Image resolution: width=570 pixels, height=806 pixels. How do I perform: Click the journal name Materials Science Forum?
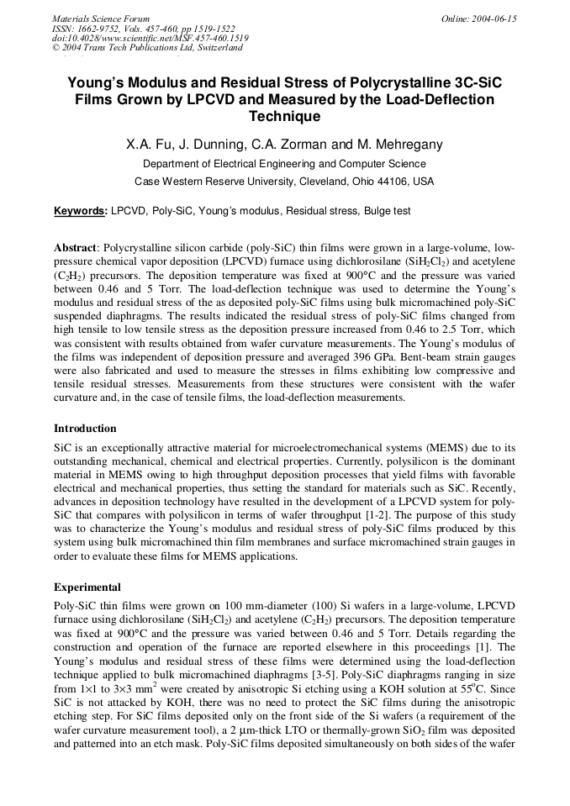point(101,18)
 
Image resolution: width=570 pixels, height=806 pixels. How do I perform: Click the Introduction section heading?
point(85,429)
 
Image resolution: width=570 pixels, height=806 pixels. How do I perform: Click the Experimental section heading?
point(87,587)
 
